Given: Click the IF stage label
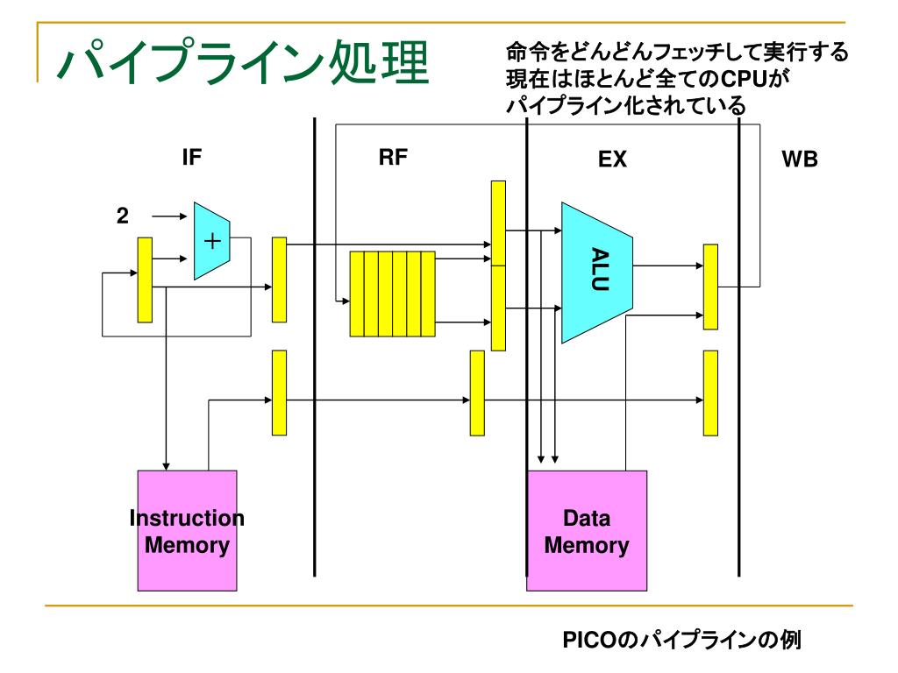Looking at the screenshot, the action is click(192, 157).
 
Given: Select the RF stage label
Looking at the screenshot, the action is click(393, 157).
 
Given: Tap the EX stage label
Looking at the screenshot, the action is click(612, 159).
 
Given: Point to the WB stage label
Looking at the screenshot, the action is click(800, 159).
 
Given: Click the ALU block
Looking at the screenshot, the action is click(596, 273).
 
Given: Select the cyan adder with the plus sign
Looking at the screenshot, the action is click(212, 241).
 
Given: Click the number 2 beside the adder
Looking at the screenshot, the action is click(123, 216).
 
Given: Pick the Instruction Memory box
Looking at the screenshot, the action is click(188, 530).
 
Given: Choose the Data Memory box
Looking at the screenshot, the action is click(587, 530).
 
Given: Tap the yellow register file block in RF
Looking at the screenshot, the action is click(392, 294).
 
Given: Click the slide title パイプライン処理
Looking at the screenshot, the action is click(243, 62).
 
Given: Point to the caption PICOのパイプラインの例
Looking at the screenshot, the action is click(681, 639).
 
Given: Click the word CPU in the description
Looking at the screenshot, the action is click(744, 78).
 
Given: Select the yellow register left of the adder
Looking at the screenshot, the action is click(145, 280).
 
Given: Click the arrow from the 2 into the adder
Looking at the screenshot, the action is click(169, 216).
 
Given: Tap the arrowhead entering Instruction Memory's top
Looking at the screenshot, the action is click(166, 467).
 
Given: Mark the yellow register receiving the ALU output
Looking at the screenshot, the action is click(710, 287).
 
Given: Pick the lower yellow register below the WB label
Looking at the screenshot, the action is click(710, 393).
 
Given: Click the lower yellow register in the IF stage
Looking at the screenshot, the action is click(279, 393).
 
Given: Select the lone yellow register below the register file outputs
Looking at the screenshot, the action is click(477, 393).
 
